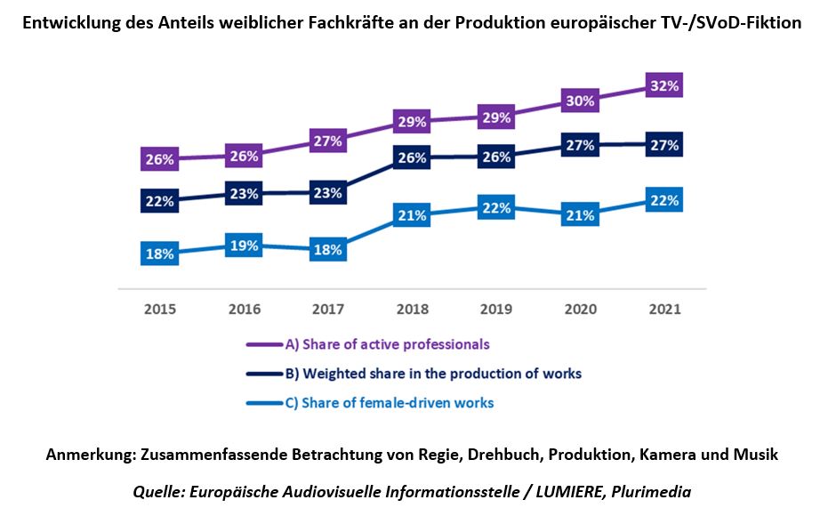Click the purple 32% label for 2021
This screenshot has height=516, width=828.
point(664,86)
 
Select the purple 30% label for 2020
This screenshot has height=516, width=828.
point(580,101)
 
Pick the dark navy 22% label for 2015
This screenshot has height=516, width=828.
point(159,201)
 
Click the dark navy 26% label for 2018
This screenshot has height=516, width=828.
point(412,157)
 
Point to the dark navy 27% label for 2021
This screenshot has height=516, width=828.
point(664,144)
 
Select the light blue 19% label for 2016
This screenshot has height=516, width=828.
point(243,247)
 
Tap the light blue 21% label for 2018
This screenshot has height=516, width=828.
point(412,215)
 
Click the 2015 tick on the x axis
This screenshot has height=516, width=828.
point(159,310)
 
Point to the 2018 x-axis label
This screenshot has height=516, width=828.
point(412,310)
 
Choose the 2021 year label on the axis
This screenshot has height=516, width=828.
point(664,310)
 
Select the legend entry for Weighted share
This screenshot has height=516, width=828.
point(432,374)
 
